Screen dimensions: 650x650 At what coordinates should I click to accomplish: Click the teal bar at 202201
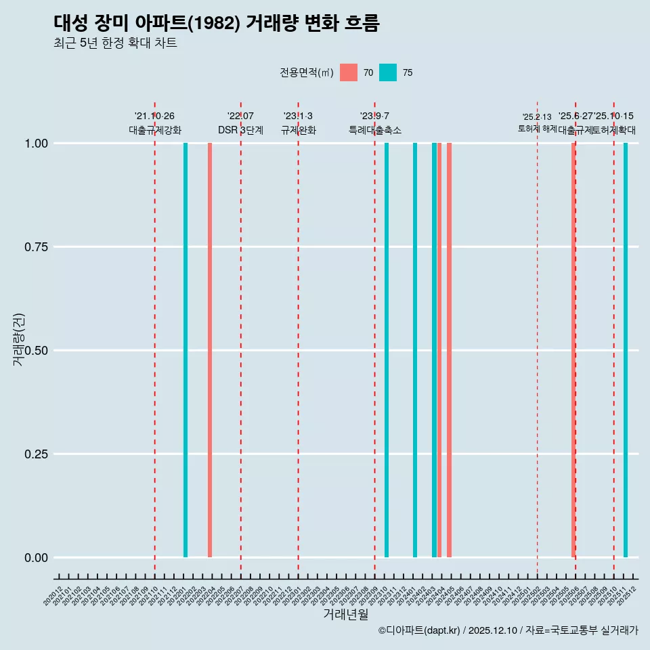click(186, 350)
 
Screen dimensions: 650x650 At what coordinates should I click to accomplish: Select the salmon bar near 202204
click(210, 350)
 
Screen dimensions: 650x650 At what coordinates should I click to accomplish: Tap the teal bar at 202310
click(387, 350)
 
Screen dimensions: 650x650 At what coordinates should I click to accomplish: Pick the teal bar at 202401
click(415, 350)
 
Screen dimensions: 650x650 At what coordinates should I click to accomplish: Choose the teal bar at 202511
click(626, 350)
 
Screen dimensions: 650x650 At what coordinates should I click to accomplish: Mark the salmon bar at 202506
click(573, 350)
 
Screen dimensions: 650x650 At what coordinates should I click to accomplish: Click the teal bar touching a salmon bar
click(434, 350)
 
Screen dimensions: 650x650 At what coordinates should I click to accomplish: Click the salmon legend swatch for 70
click(349, 72)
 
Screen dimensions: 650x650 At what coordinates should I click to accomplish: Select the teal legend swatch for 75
click(388, 72)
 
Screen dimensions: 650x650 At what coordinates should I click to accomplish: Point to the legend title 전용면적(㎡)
click(306, 72)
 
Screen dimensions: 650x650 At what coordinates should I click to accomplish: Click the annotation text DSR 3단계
click(240, 130)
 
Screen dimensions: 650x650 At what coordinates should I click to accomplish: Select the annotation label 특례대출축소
click(374, 130)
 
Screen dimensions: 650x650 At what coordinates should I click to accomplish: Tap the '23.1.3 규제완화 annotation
click(298, 123)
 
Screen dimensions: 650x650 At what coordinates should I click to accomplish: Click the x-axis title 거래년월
click(345, 614)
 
